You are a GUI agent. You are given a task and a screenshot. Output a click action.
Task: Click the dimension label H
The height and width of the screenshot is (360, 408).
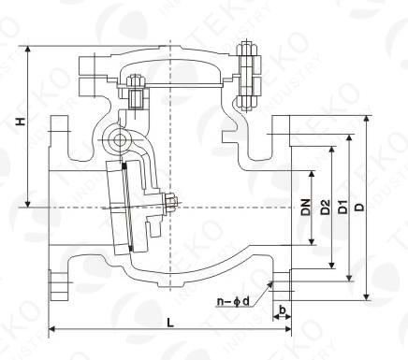(x=35, y=121)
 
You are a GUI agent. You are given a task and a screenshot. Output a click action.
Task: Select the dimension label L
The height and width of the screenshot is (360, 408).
(x=168, y=322)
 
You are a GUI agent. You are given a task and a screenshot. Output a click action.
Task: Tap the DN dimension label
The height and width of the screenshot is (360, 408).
(x=306, y=209)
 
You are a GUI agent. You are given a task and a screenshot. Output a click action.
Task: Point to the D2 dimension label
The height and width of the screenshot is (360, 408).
(x=324, y=209)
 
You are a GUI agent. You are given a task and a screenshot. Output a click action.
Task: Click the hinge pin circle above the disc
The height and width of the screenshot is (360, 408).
(x=120, y=140)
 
